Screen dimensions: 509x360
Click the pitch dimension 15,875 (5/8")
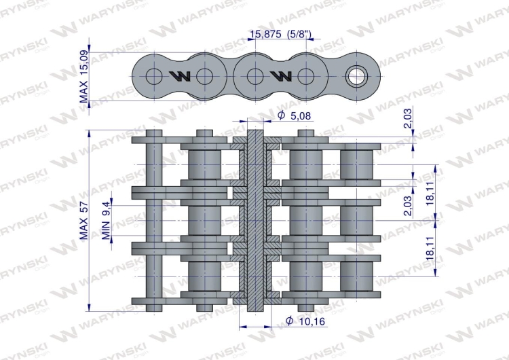pyautogui.click(x=281, y=34)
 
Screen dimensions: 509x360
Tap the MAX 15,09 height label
pyautogui.click(x=83, y=77)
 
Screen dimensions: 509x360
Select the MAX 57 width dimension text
pyautogui.click(x=83, y=221)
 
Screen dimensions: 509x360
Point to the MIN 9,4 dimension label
pyautogui.click(x=107, y=220)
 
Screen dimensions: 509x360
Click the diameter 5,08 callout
pyautogui.click(x=295, y=115)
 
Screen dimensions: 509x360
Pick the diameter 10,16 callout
pyautogui.click(x=305, y=321)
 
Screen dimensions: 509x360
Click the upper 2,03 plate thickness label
pyautogui.click(x=407, y=118)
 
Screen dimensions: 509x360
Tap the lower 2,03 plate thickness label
pyautogui.click(x=407, y=206)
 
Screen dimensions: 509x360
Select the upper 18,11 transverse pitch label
pyautogui.click(x=430, y=194)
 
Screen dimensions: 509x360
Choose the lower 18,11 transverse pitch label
pyautogui.click(x=430, y=248)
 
